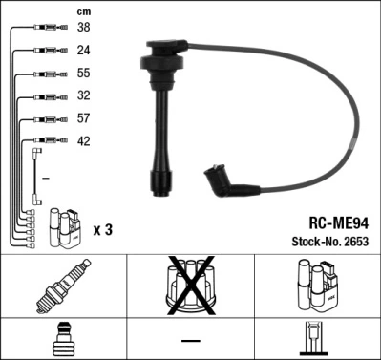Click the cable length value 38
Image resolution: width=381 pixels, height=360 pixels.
pyautogui.click(x=84, y=29)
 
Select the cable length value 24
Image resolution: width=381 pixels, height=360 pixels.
pyautogui.click(x=84, y=51)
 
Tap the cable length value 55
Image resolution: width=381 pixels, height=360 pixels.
pyautogui.click(x=84, y=74)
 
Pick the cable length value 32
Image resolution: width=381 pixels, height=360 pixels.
pyautogui.click(x=84, y=96)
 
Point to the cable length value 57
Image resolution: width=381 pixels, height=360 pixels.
pyautogui.click(x=84, y=119)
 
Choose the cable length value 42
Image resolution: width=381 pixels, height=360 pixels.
pyautogui.click(x=84, y=141)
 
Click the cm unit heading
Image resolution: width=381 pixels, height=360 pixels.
pyautogui.click(x=83, y=11)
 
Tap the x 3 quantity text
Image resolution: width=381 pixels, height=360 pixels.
pyautogui.click(x=104, y=230)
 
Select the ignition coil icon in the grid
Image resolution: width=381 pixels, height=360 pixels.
pyautogui.click(x=316, y=287)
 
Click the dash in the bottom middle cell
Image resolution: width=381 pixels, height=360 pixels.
pyautogui.click(x=190, y=340)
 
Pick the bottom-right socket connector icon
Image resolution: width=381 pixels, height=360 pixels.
pyautogui.click(x=316, y=340)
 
